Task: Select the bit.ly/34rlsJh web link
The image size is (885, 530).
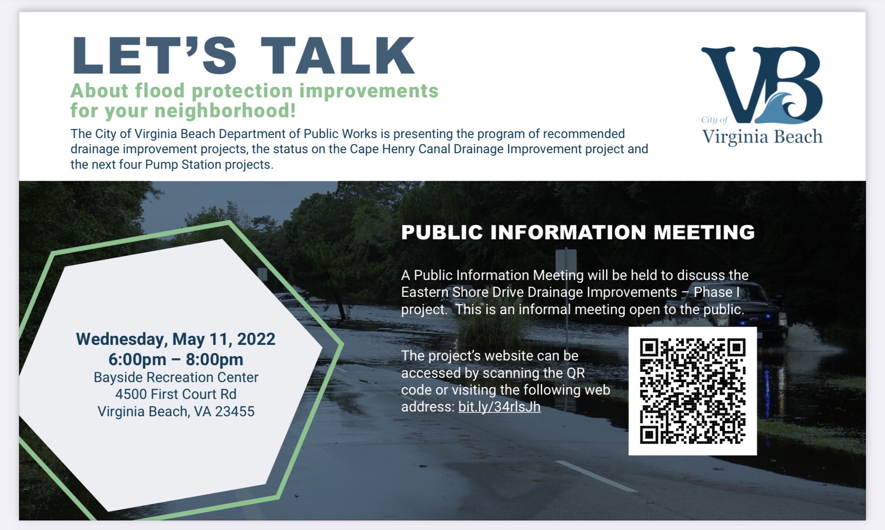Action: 499,407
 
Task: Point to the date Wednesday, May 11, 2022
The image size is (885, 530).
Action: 176,339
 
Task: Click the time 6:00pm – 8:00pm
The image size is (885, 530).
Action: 176,360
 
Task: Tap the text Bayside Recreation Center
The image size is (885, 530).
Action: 176,377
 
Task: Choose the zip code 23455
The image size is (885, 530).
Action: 235,411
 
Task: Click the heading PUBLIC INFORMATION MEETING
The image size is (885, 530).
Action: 578,232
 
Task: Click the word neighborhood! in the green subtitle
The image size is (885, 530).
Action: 225,111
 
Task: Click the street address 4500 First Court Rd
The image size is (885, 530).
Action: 176,394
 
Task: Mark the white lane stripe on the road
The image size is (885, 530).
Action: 596,476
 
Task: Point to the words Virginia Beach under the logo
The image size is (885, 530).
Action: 762,137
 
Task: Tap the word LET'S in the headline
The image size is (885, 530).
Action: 154,55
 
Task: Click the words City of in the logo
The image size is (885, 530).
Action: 714,120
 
